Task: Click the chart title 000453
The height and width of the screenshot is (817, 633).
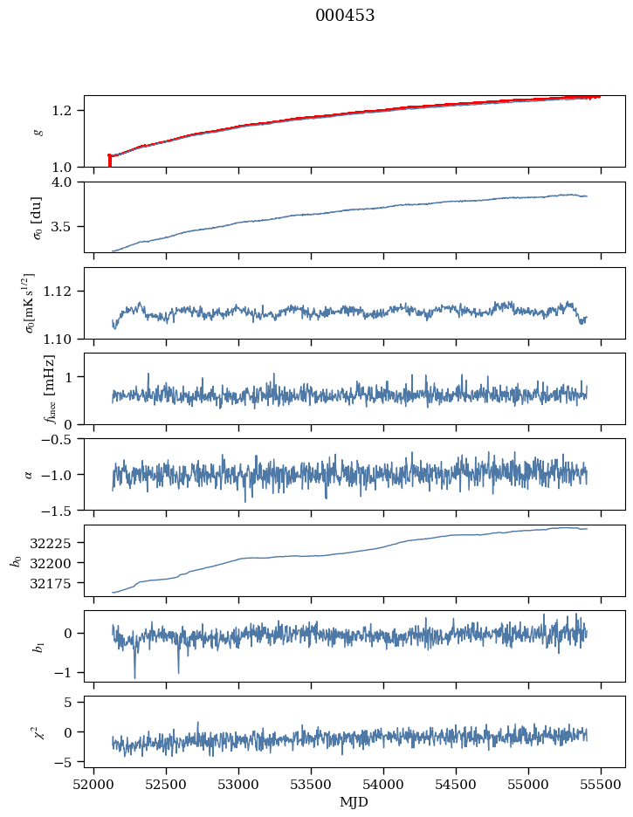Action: [x=345, y=16]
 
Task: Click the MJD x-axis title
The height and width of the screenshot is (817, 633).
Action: [x=354, y=802]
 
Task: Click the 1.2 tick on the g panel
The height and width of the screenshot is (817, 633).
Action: [x=67, y=110]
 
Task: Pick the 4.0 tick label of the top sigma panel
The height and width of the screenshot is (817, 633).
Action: [x=67, y=182]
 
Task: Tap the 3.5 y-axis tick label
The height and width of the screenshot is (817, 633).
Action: [x=67, y=226]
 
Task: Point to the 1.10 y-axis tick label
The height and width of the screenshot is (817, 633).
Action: [x=64, y=338]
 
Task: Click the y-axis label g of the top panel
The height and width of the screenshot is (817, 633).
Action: [x=37, y=131]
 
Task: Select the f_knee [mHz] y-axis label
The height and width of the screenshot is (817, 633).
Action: [x=49, y=388]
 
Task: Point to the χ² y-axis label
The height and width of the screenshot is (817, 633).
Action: [x=37, y=731]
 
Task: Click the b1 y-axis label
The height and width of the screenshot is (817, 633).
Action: [x=37, y=646]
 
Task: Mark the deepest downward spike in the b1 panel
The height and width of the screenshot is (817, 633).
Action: [x=134, y=676]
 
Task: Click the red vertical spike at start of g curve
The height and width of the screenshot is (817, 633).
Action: [x=109, y=161]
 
